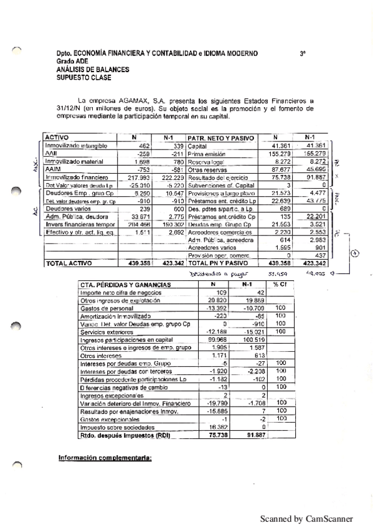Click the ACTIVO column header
57,137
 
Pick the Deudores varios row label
63,209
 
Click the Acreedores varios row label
209,247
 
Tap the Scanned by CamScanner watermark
306,518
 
